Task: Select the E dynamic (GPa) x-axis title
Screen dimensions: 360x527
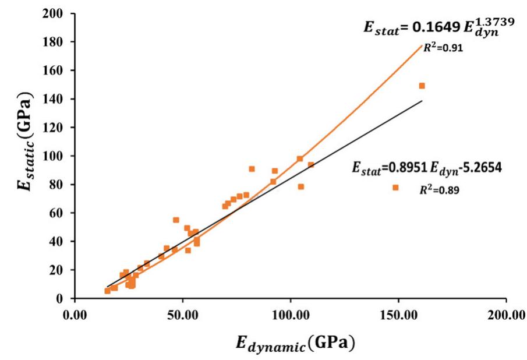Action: click(x=295, y=343)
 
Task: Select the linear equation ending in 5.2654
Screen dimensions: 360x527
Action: click(x=427, y=168)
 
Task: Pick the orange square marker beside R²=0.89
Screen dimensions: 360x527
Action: click(x=395, y=188)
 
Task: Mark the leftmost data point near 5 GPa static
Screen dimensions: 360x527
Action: click(x=108, y=291)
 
